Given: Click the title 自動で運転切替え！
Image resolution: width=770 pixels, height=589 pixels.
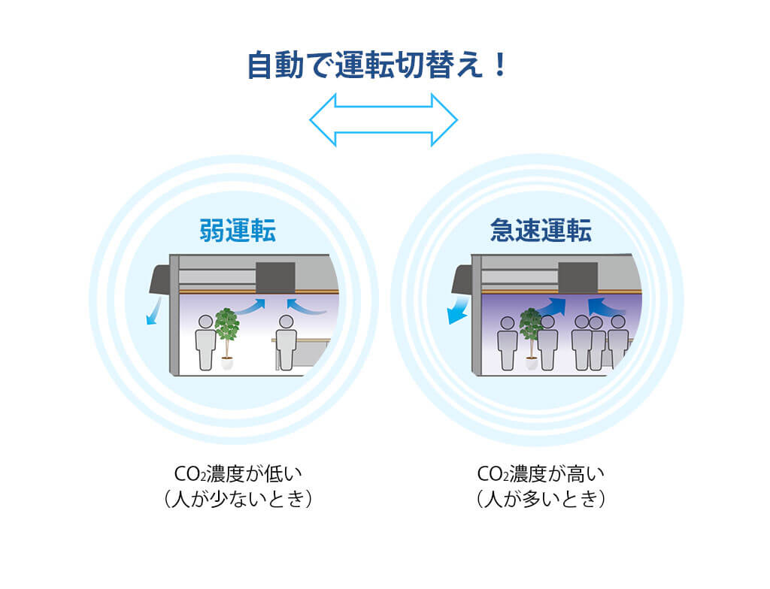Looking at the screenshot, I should [378, 65].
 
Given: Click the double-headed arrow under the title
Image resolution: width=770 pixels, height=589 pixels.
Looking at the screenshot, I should [383, 119].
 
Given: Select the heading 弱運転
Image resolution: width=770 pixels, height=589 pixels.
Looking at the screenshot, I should [238, 230].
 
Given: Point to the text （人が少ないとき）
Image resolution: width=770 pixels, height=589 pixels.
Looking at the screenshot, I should [237, 499].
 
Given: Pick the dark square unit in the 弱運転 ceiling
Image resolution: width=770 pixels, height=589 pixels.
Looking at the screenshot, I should [275, 277].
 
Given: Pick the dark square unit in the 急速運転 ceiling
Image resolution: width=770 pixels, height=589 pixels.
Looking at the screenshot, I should [577, 277].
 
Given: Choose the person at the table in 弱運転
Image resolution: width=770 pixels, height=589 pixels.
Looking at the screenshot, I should [285, 342].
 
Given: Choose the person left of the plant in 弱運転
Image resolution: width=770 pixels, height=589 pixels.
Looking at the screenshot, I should [205, 342].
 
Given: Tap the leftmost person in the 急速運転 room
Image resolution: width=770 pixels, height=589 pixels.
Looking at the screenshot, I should [508, 342].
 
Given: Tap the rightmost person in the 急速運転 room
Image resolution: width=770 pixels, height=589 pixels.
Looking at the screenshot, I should [618, 342].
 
